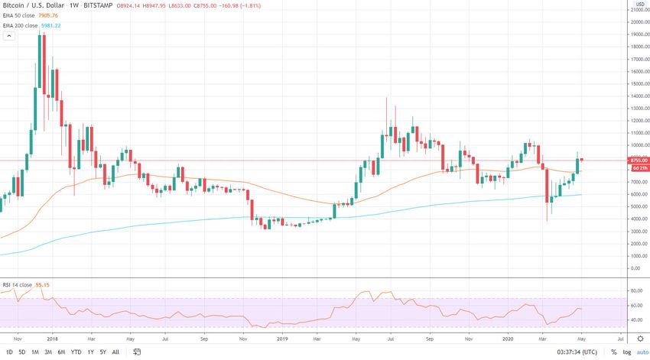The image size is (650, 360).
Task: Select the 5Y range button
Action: coord(102,352)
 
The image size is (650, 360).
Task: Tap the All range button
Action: coord(115,352)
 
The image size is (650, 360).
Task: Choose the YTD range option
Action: coord(76,352)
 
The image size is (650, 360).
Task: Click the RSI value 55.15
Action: coord(43,285)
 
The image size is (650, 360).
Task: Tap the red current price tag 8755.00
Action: coord(638,160)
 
